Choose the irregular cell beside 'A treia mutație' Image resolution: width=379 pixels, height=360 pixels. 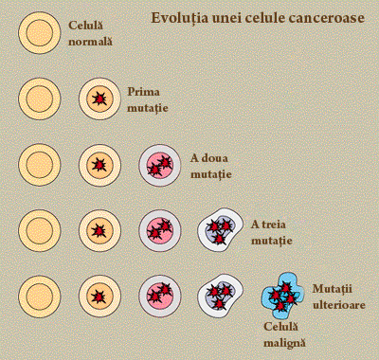click(219, 231)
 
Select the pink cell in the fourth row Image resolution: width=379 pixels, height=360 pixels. click(159, 230)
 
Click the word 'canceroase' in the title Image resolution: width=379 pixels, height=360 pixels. click(328, 18)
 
